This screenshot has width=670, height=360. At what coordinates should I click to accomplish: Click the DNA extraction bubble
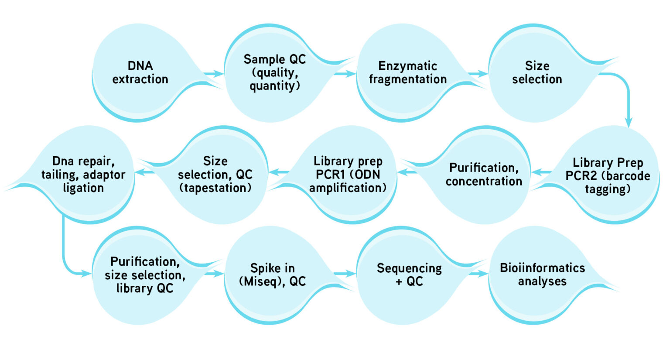(140, 73)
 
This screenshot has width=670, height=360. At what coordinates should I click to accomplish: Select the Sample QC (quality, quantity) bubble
(274, 73)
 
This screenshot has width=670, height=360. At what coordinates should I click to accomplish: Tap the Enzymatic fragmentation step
(407, 73)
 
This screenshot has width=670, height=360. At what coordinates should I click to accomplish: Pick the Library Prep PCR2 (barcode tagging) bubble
(607, 175)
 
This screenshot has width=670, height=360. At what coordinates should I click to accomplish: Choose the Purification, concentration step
(483, 175)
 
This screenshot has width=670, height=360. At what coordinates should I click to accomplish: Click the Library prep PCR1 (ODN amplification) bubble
(348, 175)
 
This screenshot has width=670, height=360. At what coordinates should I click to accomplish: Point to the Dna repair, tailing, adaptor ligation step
(83, 175)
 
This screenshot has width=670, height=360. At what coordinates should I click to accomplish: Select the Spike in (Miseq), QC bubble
(272, 275)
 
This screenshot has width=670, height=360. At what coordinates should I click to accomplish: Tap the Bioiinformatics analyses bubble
(542, 275)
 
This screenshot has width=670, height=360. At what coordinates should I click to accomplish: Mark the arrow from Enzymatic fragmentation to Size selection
(478, 74)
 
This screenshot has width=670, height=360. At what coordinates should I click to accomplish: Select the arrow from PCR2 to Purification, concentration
(541, 172)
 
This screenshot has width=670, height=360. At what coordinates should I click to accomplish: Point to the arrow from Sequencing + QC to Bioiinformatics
(478, 274)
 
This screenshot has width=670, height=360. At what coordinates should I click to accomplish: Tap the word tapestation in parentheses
(215, 188)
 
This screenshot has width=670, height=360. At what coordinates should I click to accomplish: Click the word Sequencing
(409, 268)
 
